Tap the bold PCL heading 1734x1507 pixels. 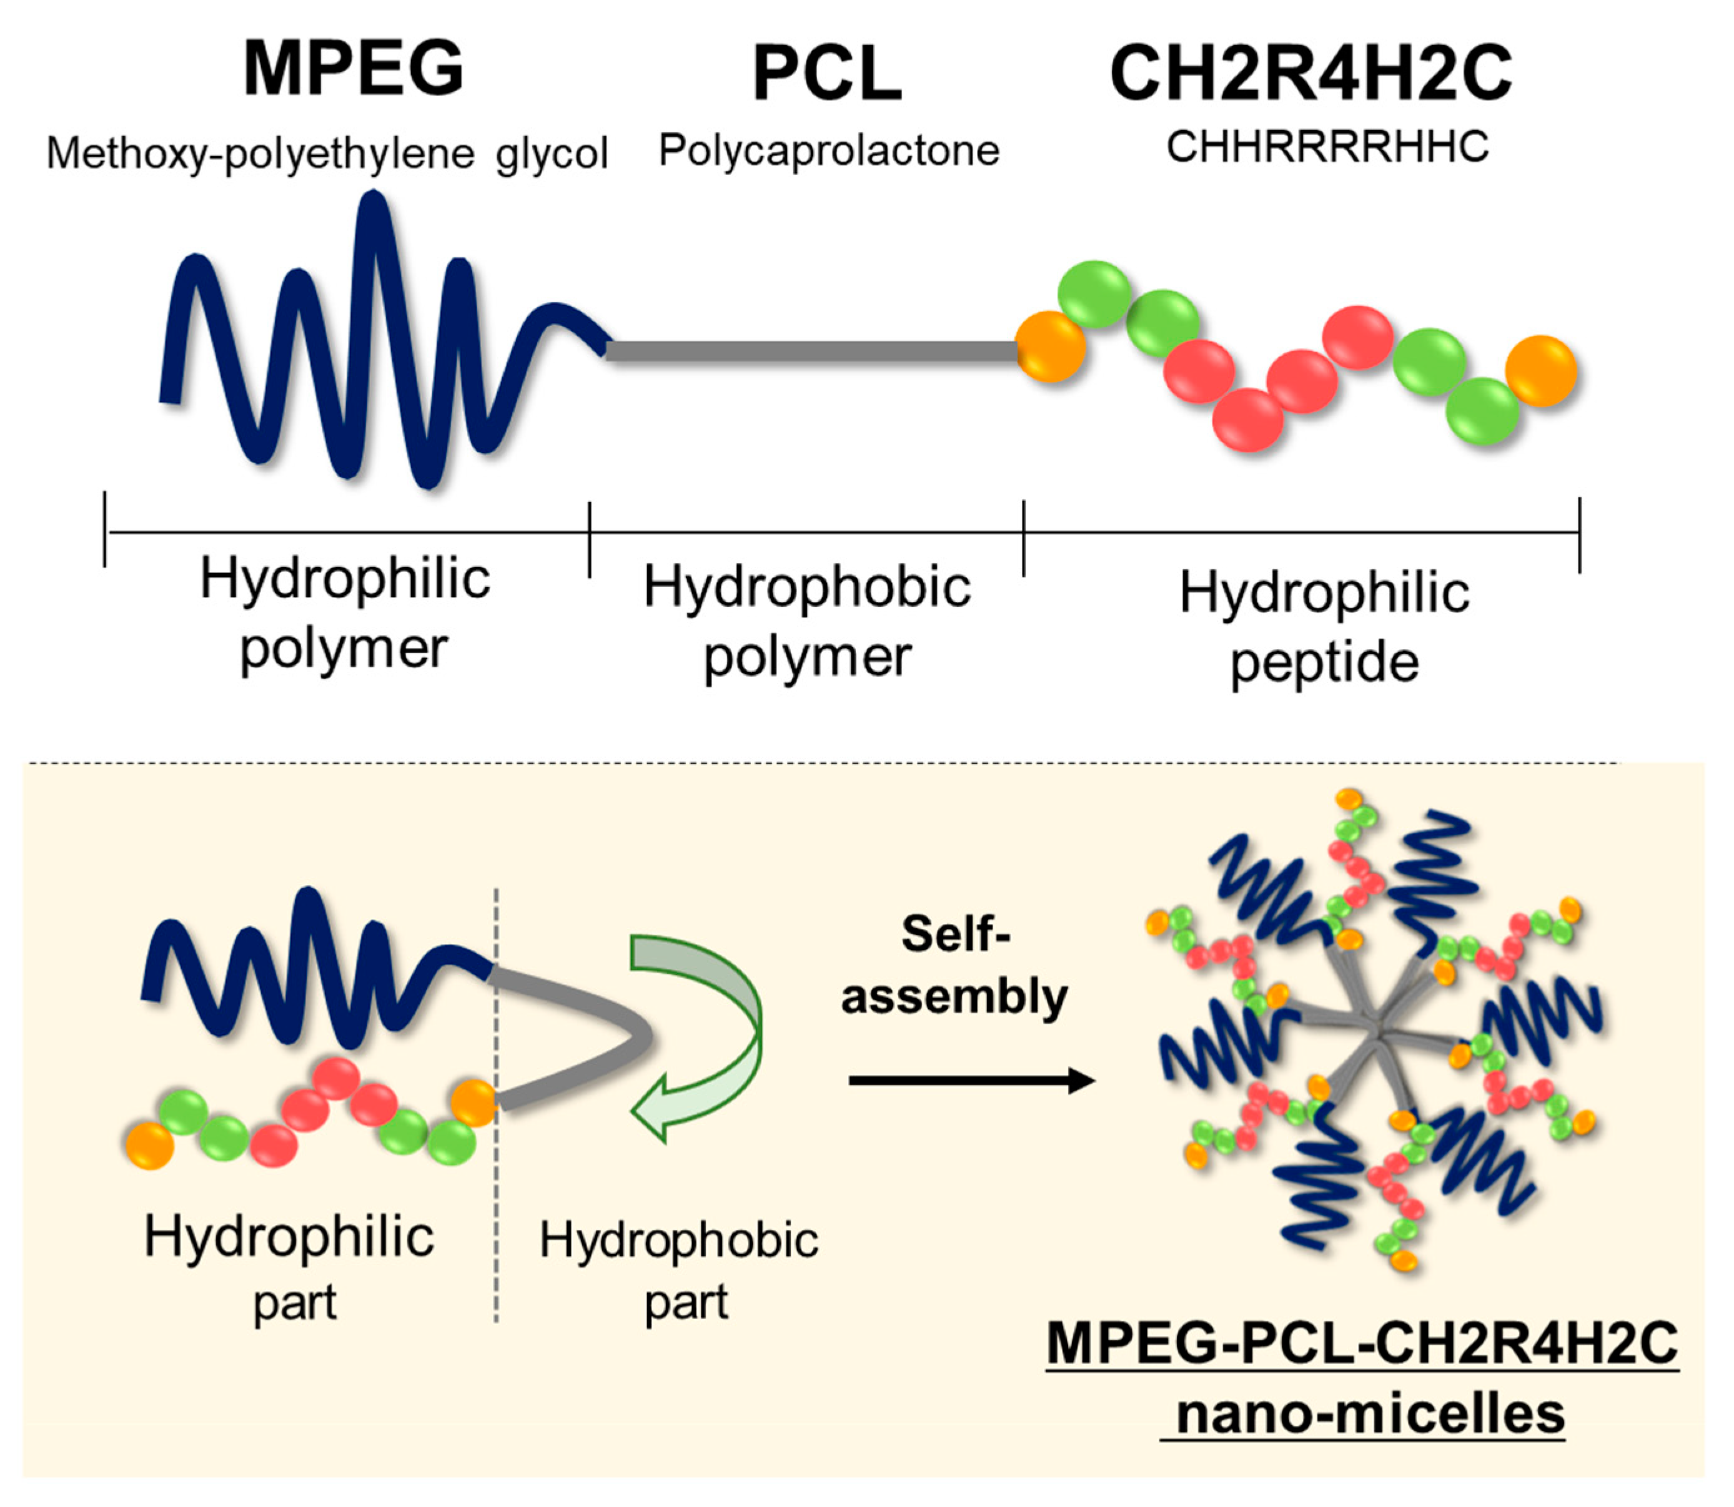[827, 74]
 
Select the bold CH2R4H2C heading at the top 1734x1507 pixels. [1310, 74]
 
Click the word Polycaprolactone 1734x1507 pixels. [829, 151]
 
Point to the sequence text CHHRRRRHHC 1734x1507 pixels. [1327, 147]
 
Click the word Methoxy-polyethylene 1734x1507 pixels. [261, 154]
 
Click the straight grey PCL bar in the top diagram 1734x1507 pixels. [812, 351]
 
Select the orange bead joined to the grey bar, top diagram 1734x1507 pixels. [1050, 346]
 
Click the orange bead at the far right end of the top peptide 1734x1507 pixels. [1540, 371]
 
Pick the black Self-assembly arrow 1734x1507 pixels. [972, 1080]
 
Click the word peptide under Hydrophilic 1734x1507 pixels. [1324, 664]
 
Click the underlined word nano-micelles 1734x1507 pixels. [1370, 1413]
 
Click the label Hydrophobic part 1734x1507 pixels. [679, 1270]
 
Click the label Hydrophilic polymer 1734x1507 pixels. [345, 613]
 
